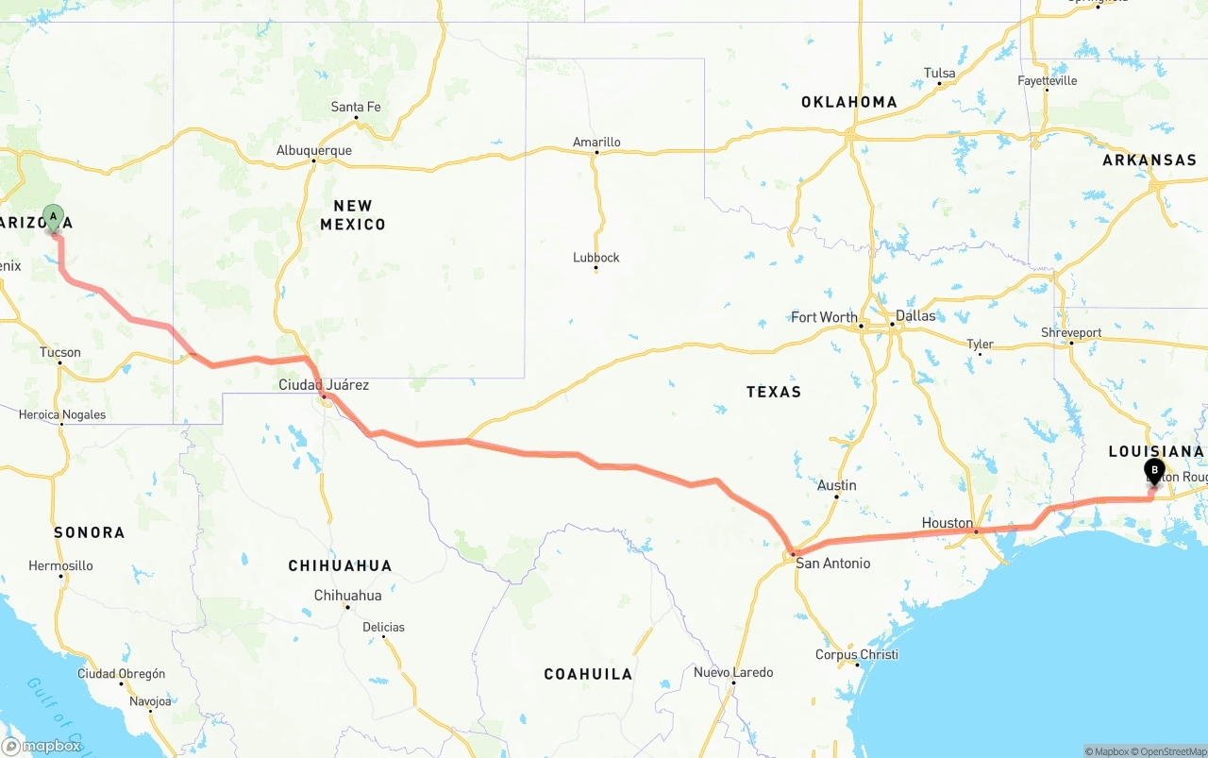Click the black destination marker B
[x=1154, y=470]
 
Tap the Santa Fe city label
[x=356, y=107]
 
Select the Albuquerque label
[x=313, y=150]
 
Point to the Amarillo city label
[x=596, y=143]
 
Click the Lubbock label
[x=596, y=258]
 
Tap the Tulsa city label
[x=939, y=73]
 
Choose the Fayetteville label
[x=1047, y=81]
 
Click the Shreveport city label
[x=1071, y=332]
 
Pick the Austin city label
[x=837, y=485]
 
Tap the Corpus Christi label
[x=857, y=654]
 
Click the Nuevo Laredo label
[x=733, y=672]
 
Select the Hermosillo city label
[x=60, y=565]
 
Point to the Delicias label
[x=383, y=627]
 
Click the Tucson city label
[x=60, y=352]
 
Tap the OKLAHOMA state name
[x=849, y=102]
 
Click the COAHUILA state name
[x=588, y=674]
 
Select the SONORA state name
[x=89, y=532]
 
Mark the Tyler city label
[x=980, y=344]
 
